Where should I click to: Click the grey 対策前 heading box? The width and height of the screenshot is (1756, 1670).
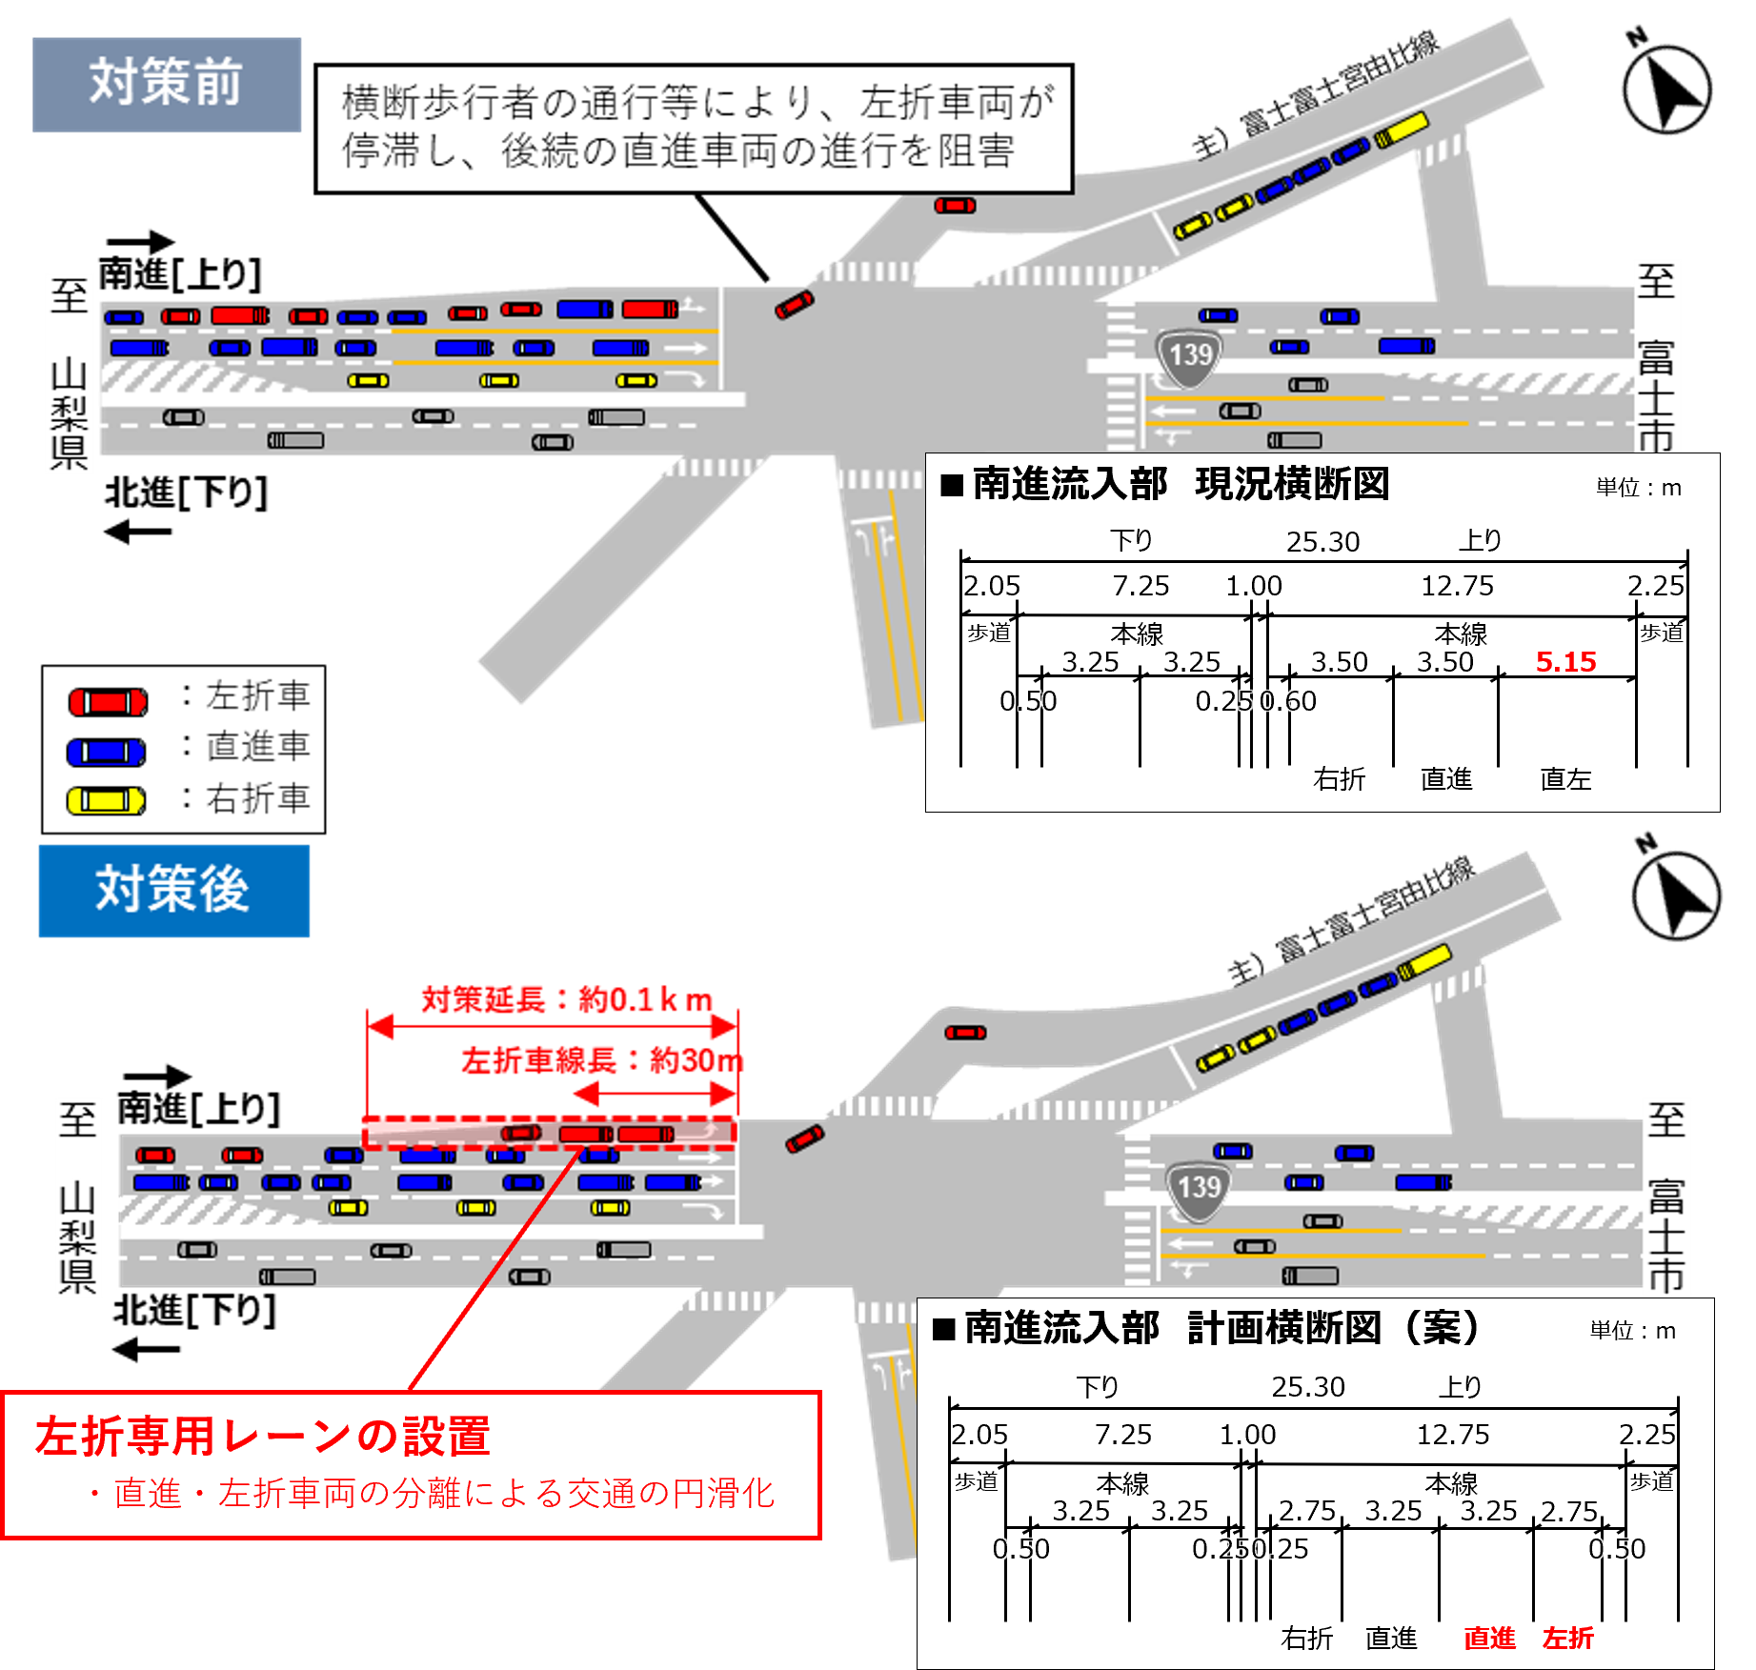[166, 84]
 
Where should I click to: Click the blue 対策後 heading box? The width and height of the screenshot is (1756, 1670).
[173, 890]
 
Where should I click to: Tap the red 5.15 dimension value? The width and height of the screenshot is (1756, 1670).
[1565, 662]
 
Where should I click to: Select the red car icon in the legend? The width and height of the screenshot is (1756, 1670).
[108, 702]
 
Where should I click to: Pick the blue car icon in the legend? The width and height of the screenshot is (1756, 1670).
[106, 752]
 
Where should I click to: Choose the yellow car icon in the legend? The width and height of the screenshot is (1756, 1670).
[106, 800]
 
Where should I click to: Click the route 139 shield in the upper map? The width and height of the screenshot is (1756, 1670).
[1189, 357]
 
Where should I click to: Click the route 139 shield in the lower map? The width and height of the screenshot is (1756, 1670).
[1198, 1189]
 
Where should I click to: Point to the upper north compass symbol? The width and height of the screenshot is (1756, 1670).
[1666, 89]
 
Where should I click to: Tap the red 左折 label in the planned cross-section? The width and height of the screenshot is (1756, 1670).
[1567, 1638]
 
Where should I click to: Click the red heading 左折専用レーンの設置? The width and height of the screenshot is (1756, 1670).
[263, 1437]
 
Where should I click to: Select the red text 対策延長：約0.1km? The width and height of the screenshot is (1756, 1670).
[566, 999]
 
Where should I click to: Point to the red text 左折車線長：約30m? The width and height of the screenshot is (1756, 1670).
[602, 1059]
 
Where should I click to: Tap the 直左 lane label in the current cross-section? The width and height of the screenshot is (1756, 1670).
[1565, 779]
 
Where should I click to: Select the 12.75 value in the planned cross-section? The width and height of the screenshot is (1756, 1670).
[1452, 1435]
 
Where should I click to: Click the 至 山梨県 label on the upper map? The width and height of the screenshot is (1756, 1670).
[70, 373]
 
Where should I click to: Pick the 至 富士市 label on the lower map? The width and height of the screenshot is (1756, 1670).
[1666, 1197]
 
